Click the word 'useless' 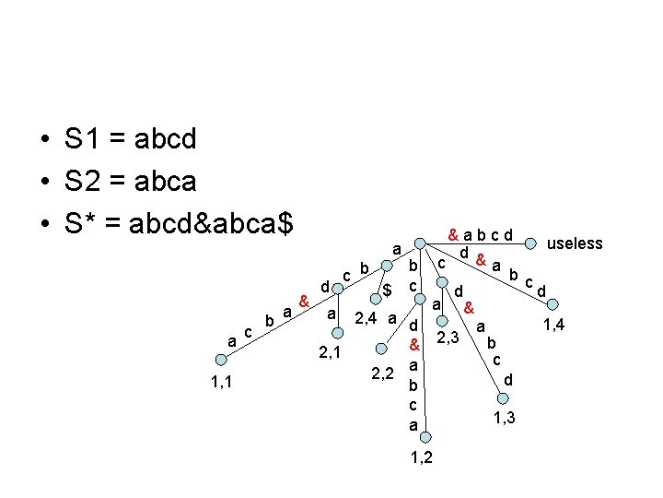[x=575, y=243]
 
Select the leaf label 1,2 [x=417, y=456]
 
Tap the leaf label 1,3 [x=503, y=419]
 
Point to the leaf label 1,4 [x=554, y=324]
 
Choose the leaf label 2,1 [x=329, y=351]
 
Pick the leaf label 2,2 [x=382, y=373]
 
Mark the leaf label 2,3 [x=448, y=338]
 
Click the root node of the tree [x=420, y=244]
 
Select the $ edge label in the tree [x=388, y=290]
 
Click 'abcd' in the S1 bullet [x=165, y=139]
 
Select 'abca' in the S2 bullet [x=165, y=181]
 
